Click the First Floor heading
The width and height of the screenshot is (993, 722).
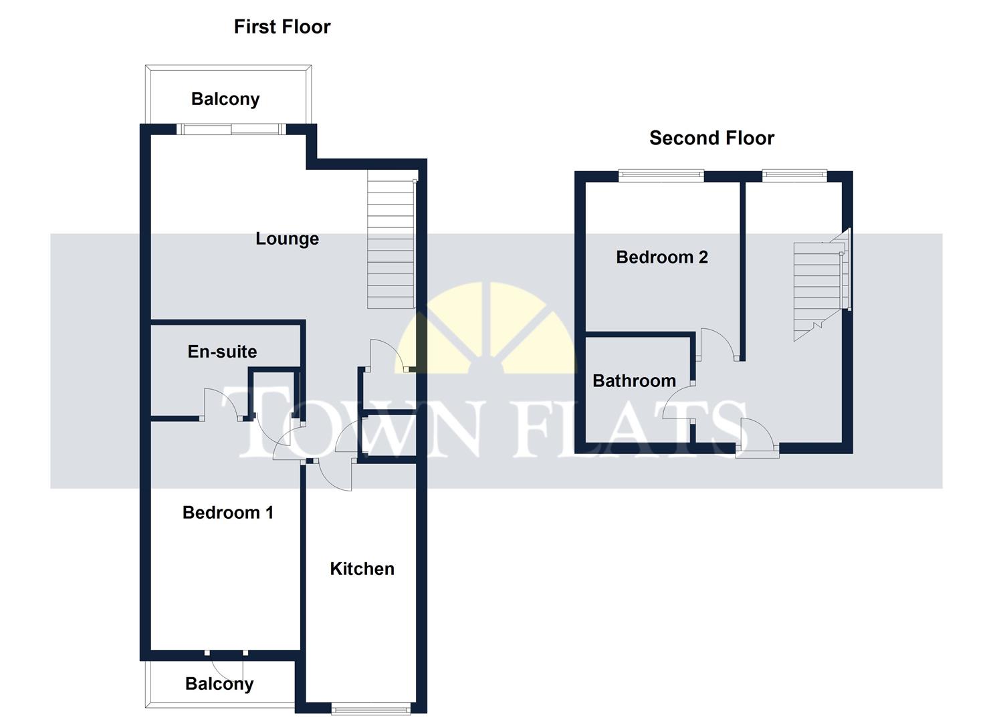pos(282,27)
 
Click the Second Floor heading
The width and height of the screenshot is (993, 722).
pos(711,138)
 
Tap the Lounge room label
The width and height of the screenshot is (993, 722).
pos(287,239)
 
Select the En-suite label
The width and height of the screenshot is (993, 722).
pos(222,352)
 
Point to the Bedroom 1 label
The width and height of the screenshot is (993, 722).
pos(227,513)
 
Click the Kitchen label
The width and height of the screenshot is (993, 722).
pos(362,569)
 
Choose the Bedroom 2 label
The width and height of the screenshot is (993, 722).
pos(661,257)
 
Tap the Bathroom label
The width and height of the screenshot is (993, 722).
pos(634,381)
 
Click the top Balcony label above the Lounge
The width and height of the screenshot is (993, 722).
pos(225,99)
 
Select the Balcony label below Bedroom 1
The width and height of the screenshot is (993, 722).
pos(219,684)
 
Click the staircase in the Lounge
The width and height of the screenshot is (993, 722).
pos(391,244)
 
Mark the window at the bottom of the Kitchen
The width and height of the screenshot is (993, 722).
pos(371,707)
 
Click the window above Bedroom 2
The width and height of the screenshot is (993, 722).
pos(661,176)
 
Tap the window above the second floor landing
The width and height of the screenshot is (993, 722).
pos(794,176)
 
